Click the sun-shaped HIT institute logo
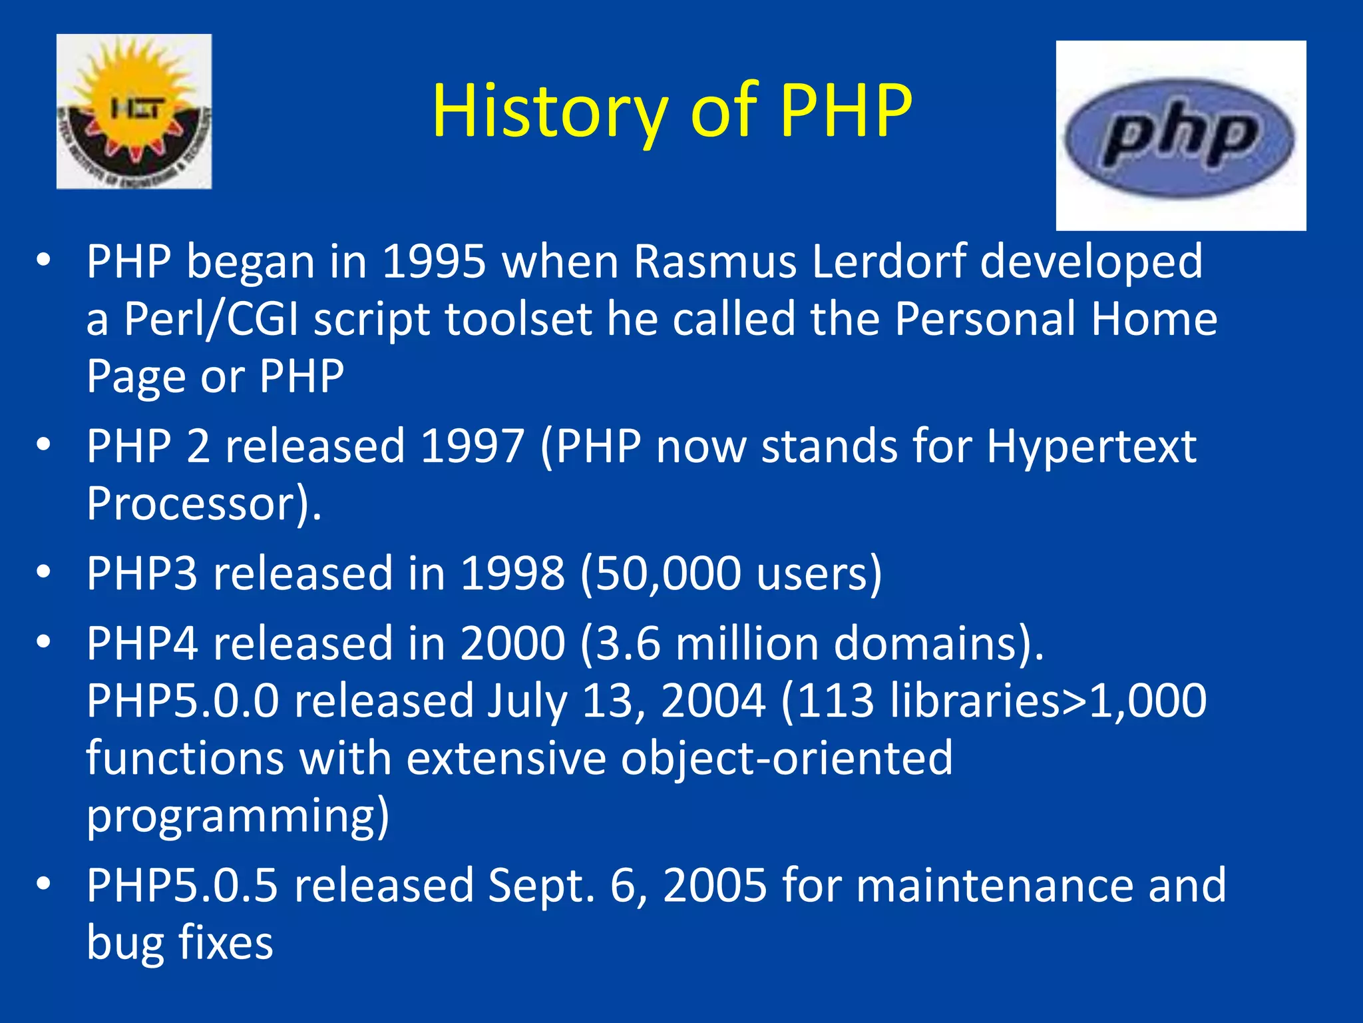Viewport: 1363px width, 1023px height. pos(134,111)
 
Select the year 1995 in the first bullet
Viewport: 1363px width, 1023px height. pos(434,261)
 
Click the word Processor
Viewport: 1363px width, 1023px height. pos(190,504)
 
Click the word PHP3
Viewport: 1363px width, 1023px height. pos(142,573)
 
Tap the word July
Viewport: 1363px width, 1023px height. pos(526,701)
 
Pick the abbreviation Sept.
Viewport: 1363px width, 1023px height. pos(540,886)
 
